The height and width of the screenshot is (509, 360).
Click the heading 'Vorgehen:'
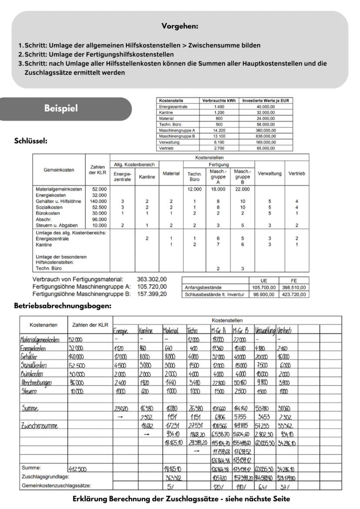[180, 27]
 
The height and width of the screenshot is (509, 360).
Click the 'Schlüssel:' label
[31, 140]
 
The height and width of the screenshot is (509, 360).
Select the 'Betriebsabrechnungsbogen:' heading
[63, 306]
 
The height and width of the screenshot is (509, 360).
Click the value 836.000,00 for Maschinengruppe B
[266, 136]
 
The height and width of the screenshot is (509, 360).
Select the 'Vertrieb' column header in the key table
[297, 173]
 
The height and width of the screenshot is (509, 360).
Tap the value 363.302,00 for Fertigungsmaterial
[152, 279]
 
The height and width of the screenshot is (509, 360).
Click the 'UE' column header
[263, 281]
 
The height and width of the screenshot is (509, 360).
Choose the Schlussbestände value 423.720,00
[294, 294]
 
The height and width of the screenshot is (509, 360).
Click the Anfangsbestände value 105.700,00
[263, 287]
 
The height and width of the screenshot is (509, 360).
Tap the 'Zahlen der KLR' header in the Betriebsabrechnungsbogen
[89, 325]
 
